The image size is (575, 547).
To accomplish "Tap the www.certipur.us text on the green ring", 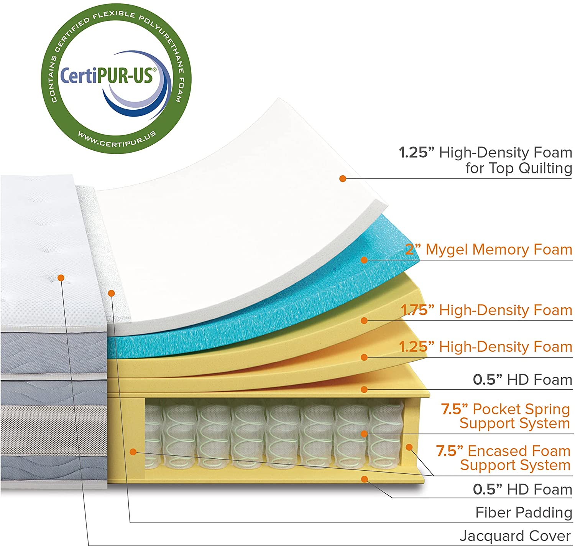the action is coord(117,140).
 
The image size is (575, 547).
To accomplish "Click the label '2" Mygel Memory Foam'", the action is coord(488,250).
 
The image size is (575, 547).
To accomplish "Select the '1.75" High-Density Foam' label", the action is coord(486,310).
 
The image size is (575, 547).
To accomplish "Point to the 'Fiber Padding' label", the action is coord(524,512).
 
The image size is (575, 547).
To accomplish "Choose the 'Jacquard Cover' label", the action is coord(515,536).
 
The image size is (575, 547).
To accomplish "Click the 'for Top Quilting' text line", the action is coord(519,168).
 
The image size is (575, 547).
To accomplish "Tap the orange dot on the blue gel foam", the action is coord(364,260).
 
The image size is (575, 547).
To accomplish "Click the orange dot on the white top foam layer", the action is coord(343,178).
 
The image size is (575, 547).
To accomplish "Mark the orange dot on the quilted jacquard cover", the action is coord(61,278).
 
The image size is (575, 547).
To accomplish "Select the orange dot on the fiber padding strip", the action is coord(111,293).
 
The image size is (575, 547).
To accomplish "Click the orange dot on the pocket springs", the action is coord(364,434).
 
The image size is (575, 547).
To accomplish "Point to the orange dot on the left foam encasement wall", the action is coord(133,452).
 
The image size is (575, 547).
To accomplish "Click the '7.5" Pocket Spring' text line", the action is coord(505,409).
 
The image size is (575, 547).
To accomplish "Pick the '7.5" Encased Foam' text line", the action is coord(503,451).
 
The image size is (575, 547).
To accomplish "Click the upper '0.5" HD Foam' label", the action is coord(522,380).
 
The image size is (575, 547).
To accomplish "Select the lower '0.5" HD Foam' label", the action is coord(522,489).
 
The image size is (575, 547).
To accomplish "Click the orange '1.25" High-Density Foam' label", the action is coord(486,346).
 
